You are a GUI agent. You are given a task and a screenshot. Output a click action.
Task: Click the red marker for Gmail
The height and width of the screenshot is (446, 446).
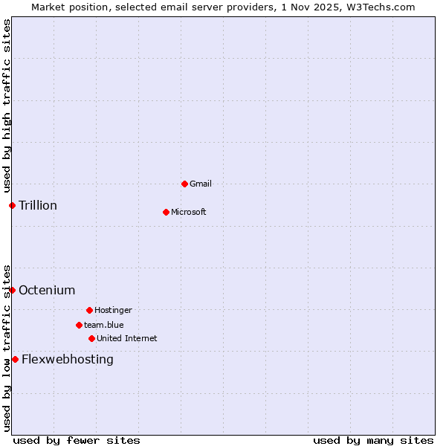[x=184, y=184]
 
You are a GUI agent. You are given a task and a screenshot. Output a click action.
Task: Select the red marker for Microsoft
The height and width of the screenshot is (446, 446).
[x=166, y=212]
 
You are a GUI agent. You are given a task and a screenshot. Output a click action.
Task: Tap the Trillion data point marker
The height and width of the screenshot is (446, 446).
[x=12, y=205]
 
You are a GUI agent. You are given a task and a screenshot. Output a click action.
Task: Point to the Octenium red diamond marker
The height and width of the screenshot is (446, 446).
[x=12, y=290]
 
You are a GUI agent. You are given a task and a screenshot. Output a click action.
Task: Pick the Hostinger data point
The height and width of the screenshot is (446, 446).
[x=89, y=310]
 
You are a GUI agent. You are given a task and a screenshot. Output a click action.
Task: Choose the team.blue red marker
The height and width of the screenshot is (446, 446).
[x=79, y=325]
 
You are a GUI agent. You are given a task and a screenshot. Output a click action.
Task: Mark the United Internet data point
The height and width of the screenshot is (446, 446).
[x=91, y=338]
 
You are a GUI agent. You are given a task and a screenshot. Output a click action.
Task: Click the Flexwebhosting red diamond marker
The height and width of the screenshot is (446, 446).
[x=15, y=359]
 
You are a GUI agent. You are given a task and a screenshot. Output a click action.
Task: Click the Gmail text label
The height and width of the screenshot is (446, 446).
[x=201, y=184]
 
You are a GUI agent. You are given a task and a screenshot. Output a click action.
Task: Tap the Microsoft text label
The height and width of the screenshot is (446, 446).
[x=189, y=212]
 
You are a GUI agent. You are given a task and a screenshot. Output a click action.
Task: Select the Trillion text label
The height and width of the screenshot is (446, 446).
[x=38, y=205]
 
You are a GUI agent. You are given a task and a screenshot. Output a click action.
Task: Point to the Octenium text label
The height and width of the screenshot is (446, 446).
[x=47, y=290]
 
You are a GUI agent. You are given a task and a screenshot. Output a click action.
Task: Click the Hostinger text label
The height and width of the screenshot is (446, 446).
[x=113, y=310]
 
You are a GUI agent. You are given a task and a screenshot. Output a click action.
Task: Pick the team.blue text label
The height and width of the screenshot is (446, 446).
[x=104, y=325]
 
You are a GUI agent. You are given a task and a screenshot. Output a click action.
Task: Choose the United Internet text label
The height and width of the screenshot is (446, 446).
[x=127, y=338]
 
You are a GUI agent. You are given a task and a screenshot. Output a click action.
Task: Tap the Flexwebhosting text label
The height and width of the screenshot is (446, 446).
[x=68, y=359]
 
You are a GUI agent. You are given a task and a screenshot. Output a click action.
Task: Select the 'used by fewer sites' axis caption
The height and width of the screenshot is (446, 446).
[x=77, y=440]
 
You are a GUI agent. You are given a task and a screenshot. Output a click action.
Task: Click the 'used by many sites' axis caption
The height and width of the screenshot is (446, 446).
[x=373, y=440]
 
